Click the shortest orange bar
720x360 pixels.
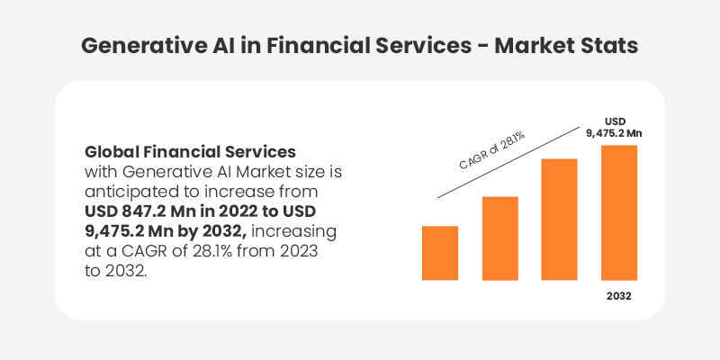tap(440, 253)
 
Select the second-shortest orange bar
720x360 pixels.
tap(499, 238)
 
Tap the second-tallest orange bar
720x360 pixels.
tap(559, 219)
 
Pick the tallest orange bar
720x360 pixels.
tap(618, 212)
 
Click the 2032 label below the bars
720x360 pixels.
tap(618, 296)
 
